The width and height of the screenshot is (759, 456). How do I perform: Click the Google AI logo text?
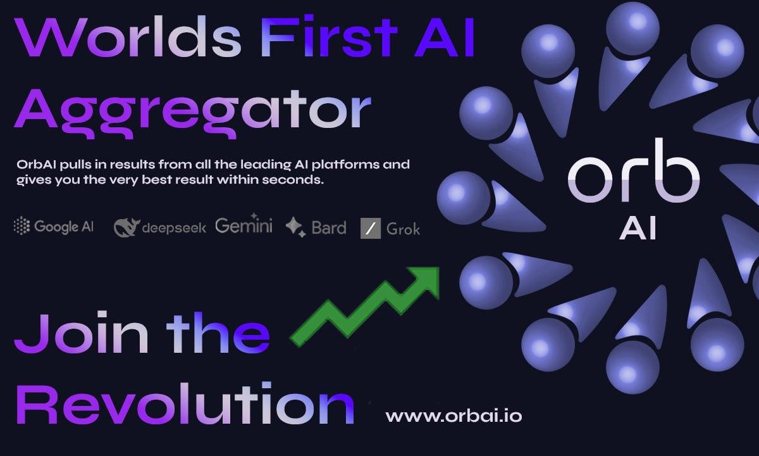(x=64, y=227)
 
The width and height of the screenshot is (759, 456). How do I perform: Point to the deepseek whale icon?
(x=125, y=227)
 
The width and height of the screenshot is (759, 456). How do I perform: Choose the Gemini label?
(x=244, y=225)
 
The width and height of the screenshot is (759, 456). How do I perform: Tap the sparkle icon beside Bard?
(x=295, y=226)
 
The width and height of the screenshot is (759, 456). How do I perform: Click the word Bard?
(x=329, y=227)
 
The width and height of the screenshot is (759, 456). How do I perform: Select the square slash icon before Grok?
(x=370, y=228)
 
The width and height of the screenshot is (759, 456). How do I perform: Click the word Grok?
(x=403, y=228)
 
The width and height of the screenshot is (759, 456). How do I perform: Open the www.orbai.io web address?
(x=454, y=417)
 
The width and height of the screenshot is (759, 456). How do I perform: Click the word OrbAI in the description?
(x=35, y=165)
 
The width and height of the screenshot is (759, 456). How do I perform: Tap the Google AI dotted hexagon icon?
(x=22, y=226)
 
